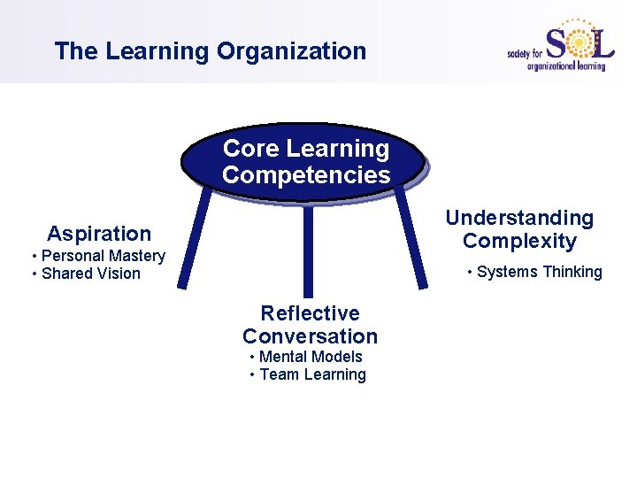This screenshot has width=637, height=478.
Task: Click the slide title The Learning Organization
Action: point(210,51)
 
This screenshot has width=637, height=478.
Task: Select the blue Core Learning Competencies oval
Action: point(305,161)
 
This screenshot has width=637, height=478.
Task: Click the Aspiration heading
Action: point(99,234)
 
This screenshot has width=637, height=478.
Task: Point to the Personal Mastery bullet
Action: point(99,256)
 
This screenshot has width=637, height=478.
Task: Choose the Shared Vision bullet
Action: point(87,274)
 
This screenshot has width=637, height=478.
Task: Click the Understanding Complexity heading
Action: point(519,229)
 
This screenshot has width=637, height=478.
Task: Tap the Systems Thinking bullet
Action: point(535,272)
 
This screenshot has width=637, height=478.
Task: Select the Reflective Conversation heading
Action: point(310,325)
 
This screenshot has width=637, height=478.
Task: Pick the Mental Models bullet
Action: point(307,357)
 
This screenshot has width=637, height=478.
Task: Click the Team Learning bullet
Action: point(309,374)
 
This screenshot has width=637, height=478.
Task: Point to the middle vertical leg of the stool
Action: point(308,252)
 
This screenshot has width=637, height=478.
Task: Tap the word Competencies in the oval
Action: point(306,175)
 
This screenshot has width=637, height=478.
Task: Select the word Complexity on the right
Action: point(519,241)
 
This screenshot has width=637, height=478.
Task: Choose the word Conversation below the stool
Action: point(310,336)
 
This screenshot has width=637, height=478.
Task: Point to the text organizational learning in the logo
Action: point(566,66)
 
